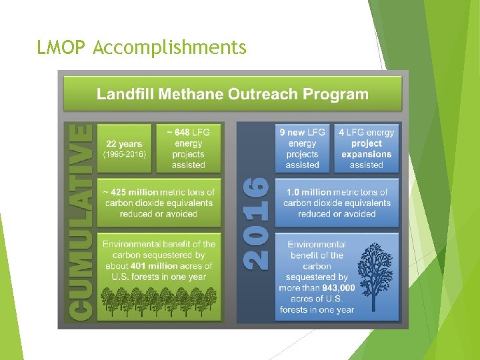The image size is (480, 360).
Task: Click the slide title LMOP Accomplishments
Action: (x=142, y=48)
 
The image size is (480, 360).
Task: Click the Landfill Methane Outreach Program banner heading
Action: (x=232, y=94)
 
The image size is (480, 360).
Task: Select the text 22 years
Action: (x=124, y=143)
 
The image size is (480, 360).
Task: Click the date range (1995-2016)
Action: (x=124, y=154)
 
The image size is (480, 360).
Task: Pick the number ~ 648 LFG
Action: (x=189, y=132)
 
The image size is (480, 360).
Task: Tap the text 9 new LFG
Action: (x=302, y=132)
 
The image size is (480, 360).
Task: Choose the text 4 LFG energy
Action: (x=366, y=132)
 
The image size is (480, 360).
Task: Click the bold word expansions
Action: (x=366, y=154)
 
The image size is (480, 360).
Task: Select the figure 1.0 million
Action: (x=311, y=192)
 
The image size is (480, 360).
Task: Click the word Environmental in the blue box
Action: (x=317, y=245)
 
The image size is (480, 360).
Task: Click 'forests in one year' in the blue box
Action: (x=317, y=309)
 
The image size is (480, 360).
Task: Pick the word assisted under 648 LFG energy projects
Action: (x=189, y=165)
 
